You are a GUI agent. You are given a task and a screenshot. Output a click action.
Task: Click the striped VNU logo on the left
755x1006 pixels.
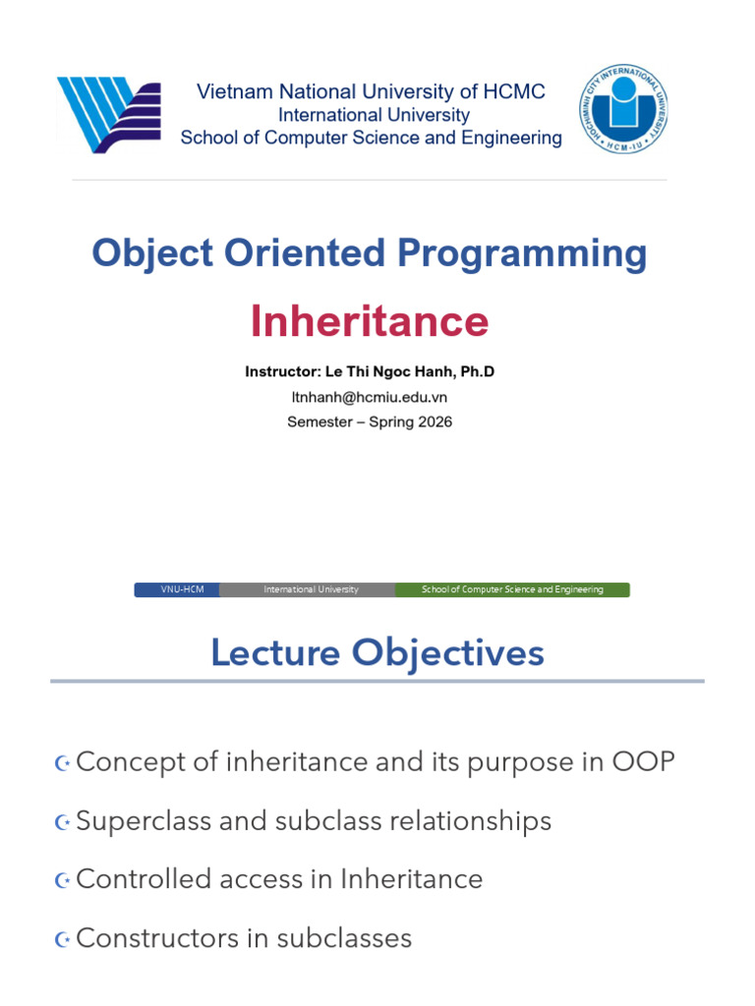[x=108, y=115]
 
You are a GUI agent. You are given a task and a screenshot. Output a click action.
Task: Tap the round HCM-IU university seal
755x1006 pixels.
[x=623, y=108]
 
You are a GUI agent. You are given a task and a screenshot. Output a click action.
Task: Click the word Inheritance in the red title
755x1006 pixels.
[x=370, y=321]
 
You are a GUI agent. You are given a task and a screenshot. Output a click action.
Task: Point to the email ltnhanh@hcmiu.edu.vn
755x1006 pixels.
[x=370, y=397]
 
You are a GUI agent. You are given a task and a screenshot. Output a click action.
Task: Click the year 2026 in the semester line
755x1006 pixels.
[x=436, y=422]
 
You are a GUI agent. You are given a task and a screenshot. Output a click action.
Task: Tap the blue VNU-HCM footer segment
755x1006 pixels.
[x=178, y=589]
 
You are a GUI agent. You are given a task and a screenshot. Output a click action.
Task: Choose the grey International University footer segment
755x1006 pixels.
[x=308, y=589]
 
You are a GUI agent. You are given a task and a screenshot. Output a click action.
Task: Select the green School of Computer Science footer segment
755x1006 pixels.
[x=512, y=589]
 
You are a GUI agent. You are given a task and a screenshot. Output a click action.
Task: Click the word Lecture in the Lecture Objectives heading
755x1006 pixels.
[x=275, y=653]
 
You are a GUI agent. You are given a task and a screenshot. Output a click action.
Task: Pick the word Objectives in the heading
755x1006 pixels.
[x=448, y=654]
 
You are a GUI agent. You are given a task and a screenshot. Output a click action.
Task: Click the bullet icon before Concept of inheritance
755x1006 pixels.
[x=62, y=763]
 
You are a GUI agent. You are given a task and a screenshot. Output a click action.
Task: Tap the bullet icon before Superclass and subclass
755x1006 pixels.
[x=62, y=822]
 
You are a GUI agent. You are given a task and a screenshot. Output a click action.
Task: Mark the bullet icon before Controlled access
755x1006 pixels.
[x=62, y=880]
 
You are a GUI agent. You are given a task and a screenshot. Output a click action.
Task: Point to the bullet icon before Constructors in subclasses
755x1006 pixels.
[x=62, y=939]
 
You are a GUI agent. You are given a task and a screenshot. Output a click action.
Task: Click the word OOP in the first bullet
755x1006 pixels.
[x=643, y=762]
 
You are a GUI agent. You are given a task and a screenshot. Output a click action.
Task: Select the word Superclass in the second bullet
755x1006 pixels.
[x=144, y=822]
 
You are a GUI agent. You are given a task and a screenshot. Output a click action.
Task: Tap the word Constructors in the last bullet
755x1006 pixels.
[x=157, y=938]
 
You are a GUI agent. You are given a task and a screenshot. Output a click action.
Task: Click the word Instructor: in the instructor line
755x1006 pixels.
[x=283, y=371]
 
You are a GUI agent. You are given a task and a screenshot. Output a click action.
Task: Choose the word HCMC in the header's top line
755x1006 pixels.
[x=514, y=91]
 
